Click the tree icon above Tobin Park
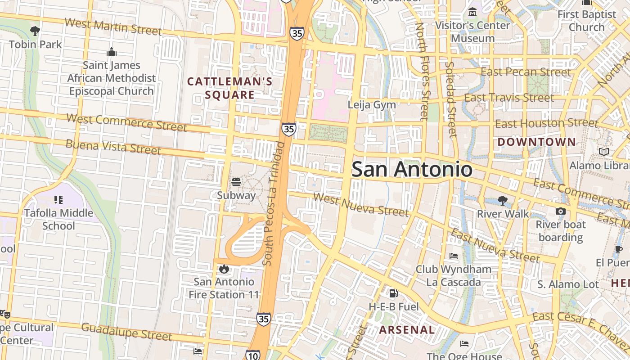[x=35, y=31]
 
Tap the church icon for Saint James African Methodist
[x=112, y=52]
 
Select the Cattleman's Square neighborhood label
[x=230, y=88]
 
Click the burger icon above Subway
[x=236, y=182]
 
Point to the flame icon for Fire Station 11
[x=224, y=269]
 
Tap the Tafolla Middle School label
[x=58, y=219]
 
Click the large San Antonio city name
[x=412, y=170]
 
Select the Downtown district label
[x=536, y=142]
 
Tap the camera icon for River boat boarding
[x=560, y=211]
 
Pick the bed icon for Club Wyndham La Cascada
[x=454, y=256]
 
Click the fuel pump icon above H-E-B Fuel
[x=393, y=293]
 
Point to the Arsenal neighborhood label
[x=407, y=330]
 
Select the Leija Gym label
[x=372, y=105]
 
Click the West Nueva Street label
[x=361, y=205]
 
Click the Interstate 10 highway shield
[x=253, y=355]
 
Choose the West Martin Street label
[x=113, y=27]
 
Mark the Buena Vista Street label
[x=113, y=147]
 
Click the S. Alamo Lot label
[x=568, y=284]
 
